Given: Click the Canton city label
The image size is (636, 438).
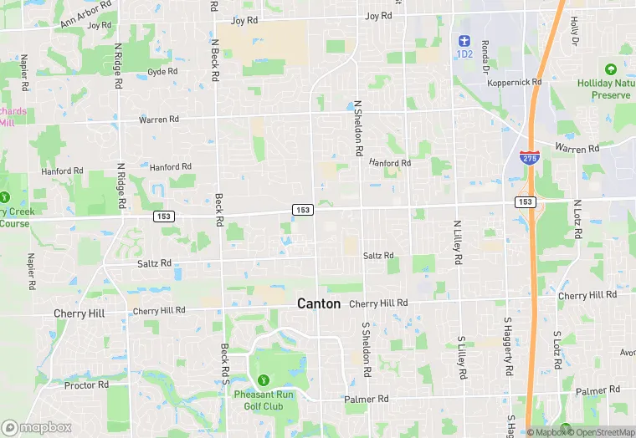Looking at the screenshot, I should (x=319, y=304).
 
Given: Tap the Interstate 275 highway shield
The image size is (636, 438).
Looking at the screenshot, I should (x=529, y=157).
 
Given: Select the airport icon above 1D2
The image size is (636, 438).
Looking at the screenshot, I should (x=464, y=40).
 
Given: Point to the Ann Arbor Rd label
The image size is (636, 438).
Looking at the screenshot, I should (x=86, y=14).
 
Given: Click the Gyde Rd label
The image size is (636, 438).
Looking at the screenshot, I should (x=162, y=72).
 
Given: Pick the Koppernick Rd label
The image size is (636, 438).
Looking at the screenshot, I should (x=515, y=82).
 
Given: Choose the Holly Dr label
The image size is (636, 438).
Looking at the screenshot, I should (x=575, y=31).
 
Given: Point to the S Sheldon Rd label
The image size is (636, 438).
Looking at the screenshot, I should (x=366, y=347).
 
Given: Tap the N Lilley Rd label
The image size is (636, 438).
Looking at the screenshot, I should (x=458, y=242).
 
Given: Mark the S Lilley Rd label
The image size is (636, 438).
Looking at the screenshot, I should (x=461, y=355).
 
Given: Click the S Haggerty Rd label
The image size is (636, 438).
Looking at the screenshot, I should (x=508, y=346).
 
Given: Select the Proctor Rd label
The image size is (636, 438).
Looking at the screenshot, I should (x=87, y=385).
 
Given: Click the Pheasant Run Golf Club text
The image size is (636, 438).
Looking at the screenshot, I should (x=264, y=401).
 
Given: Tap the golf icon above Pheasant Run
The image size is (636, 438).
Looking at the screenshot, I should (x=264, y=381).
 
